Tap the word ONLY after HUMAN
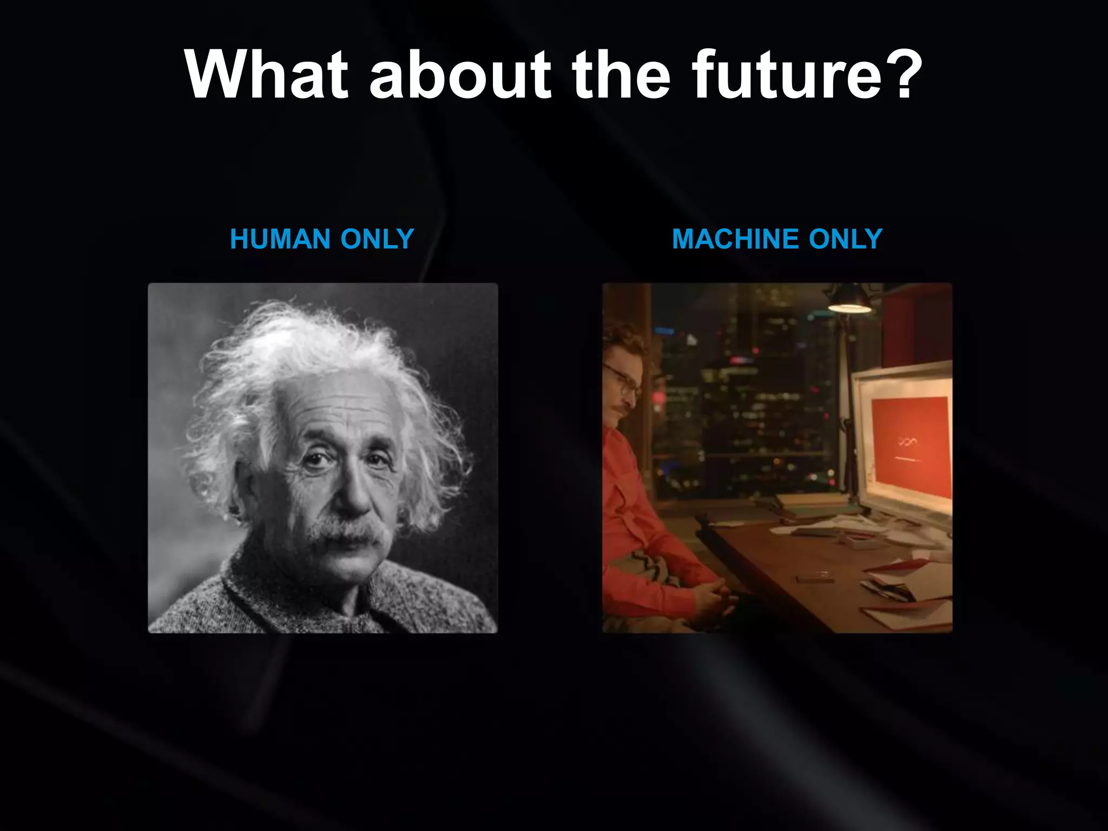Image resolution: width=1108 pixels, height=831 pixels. pos(377,239)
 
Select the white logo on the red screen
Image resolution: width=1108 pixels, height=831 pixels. pos(908,443)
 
